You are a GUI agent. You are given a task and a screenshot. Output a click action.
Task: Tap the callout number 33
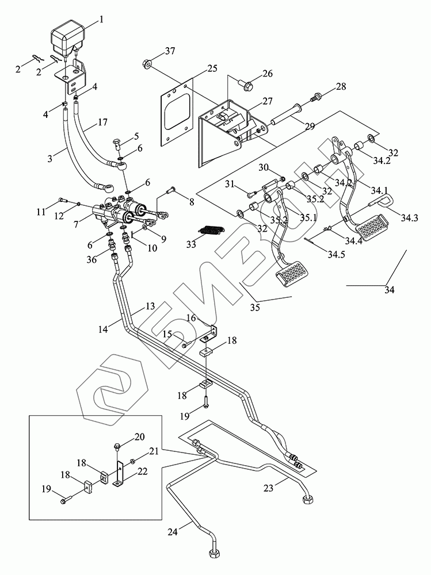tap(191, 244)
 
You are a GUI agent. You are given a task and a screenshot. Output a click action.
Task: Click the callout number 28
tap(341, 87)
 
